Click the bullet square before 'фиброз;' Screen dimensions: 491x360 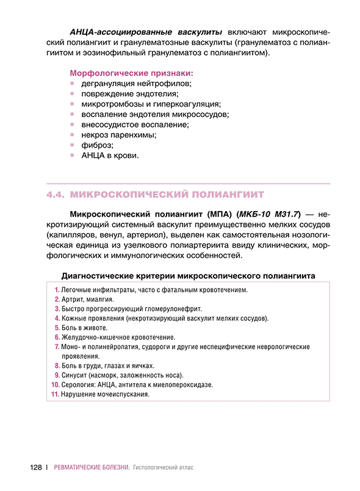[72, 145]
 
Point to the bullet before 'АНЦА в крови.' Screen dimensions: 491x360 [72, 156]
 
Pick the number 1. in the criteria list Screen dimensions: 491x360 [56, 290]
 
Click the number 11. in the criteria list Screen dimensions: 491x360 [54, 394]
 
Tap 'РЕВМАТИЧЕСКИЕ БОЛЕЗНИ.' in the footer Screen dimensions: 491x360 [92, 468]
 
